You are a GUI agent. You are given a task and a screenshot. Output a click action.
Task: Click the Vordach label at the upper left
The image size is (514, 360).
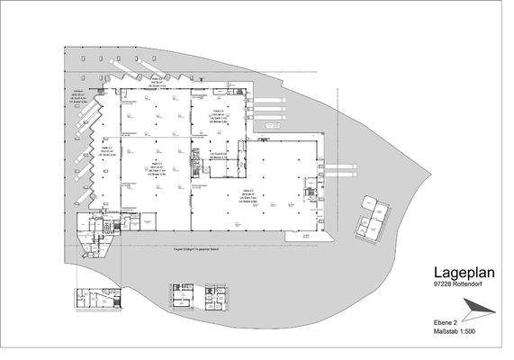pyautogui.click(x=79, y=93)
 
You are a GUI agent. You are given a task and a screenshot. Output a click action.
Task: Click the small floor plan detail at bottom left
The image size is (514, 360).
pyautogui.click(x=94, y=298)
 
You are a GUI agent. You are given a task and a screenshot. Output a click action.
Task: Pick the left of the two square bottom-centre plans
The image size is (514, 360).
pyautogui.click(x=182, y=298)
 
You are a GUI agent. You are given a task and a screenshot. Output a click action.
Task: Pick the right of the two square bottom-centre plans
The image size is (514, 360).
pyautogui.click(x=217, y=298)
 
